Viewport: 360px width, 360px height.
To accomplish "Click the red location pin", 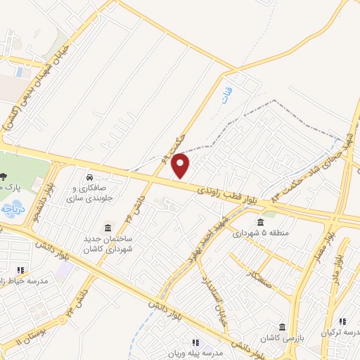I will [181, 167].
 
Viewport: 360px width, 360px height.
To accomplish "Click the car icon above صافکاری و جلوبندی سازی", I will [90, 176].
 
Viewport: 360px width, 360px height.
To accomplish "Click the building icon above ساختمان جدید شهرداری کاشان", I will [108, 228].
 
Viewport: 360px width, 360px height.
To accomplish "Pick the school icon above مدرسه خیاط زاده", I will [20, 270].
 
